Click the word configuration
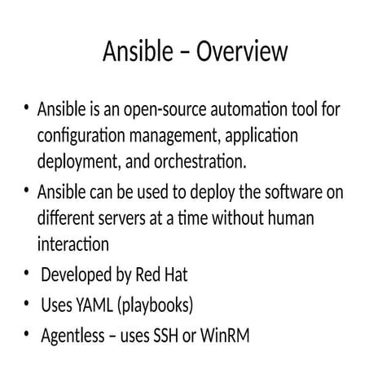click(77, 134)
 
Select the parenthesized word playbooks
click(156, 306)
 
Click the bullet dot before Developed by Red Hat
click(26, 275)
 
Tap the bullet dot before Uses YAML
click(26, 305)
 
